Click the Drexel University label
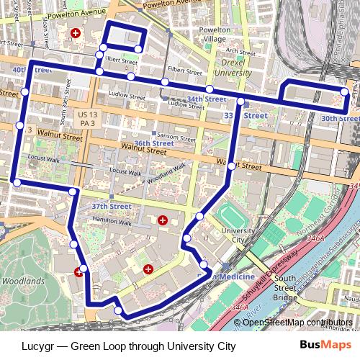click(233, 68)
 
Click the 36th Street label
click(153, 143)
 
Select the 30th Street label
click(340, 117)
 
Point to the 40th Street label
click(32, 70)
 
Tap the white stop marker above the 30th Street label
click(346, 92)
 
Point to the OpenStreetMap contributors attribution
click(297, 322)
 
